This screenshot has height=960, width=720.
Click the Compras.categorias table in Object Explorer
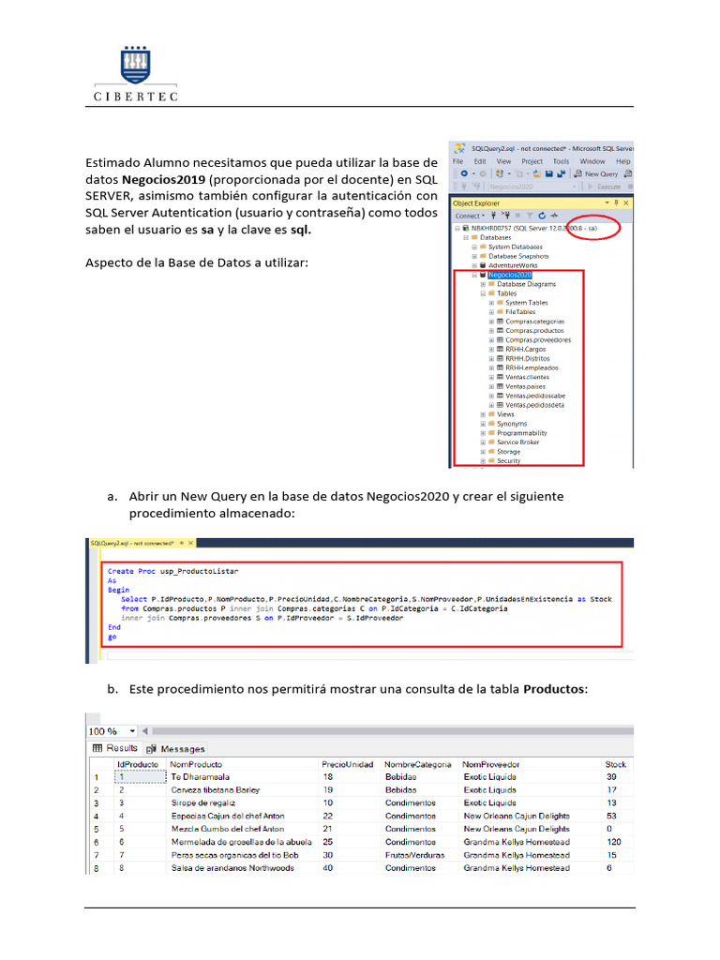coord(534,322)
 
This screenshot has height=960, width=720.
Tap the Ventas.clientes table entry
coord(530,377)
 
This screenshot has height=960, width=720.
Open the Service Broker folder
coord(518,442)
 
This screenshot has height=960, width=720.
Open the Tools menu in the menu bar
coord(561,161)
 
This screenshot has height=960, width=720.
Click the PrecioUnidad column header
coord(347,764)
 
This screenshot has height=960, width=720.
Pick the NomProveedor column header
coord(491,764)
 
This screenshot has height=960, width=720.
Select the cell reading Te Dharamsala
coord(200,777)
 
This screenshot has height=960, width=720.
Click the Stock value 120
coord(614,843)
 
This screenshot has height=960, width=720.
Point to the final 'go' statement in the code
coord(112,637)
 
